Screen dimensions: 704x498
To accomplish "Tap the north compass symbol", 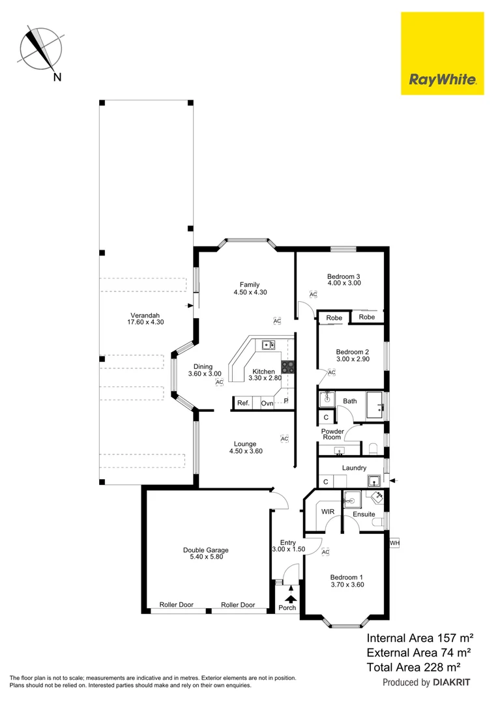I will tap(41, 48).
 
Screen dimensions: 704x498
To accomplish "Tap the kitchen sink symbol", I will tap(269, 345).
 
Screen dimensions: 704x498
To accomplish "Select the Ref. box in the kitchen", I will tap(243, 403).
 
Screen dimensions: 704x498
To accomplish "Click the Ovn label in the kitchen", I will tap(267, 403).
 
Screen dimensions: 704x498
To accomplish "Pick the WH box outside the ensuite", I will tap(394, 542).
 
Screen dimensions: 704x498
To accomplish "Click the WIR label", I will tap(327, 512).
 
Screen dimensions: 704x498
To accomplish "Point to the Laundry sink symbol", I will tap(373, 481).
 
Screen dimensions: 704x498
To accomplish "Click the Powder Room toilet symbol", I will tap(373, 448).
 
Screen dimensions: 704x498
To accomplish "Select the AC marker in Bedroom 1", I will tap(325, 552).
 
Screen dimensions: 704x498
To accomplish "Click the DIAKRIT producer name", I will tap(452, 682).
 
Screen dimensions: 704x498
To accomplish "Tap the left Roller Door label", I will tap(176, 605).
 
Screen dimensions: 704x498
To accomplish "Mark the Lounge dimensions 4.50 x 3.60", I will tap(246, 451).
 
